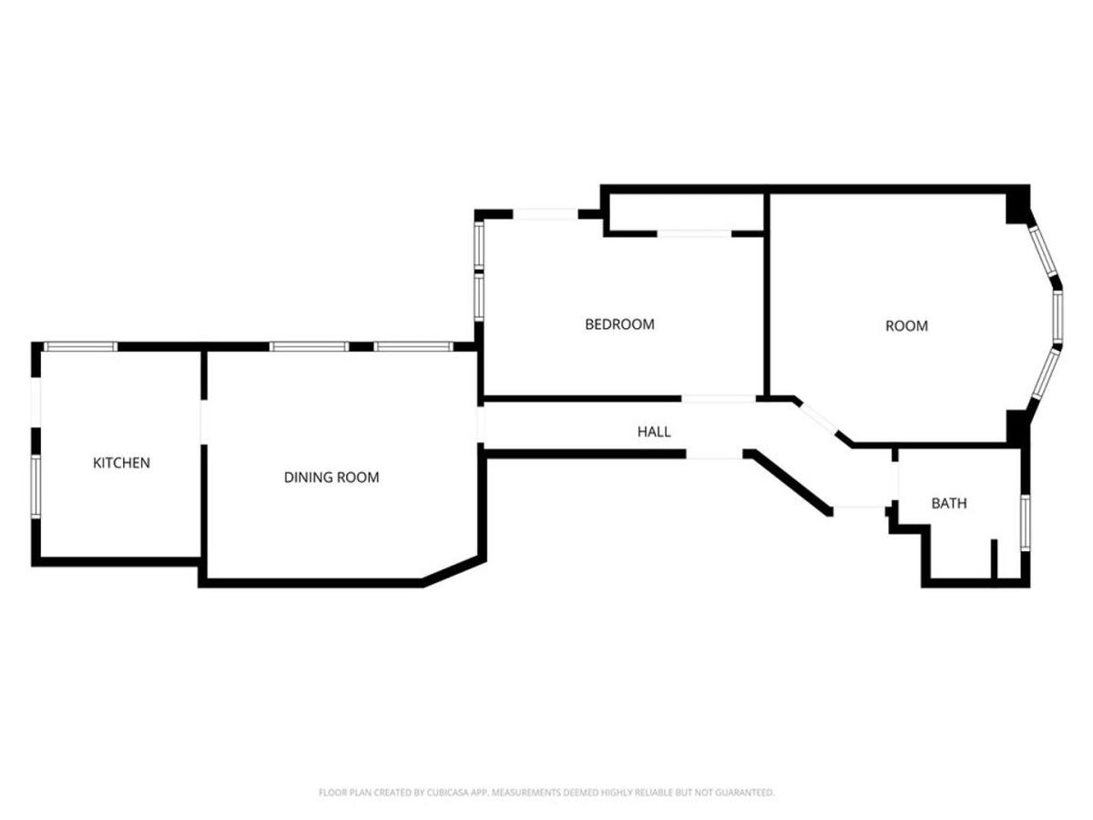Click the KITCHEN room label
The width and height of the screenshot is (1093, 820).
pos(121,463)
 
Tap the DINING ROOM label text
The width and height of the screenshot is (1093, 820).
pos(332,477)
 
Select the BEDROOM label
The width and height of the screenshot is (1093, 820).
pos(619,324)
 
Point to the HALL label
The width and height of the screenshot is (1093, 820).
pos(654,432)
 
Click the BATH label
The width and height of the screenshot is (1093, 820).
pos(949,503)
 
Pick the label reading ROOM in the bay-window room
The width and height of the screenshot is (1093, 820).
pos(906,326)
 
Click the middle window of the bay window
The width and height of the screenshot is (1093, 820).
pos(1058,317)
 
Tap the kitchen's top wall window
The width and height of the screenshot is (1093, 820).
pos(81,346)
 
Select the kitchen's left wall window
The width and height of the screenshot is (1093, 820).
pos(36,487)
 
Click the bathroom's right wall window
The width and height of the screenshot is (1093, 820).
pos(1026,522)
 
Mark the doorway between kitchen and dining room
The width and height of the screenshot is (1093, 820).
pos(204,422)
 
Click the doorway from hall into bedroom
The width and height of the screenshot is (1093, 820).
pos(719,399)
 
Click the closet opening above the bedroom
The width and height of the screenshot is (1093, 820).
pos(694,233)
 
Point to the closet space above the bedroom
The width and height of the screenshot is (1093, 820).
pos(687,212)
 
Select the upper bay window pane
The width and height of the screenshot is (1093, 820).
pos(1043,252)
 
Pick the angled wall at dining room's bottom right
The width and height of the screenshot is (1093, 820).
pos(455,571)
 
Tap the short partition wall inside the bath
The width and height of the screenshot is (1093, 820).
pos(994,559)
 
